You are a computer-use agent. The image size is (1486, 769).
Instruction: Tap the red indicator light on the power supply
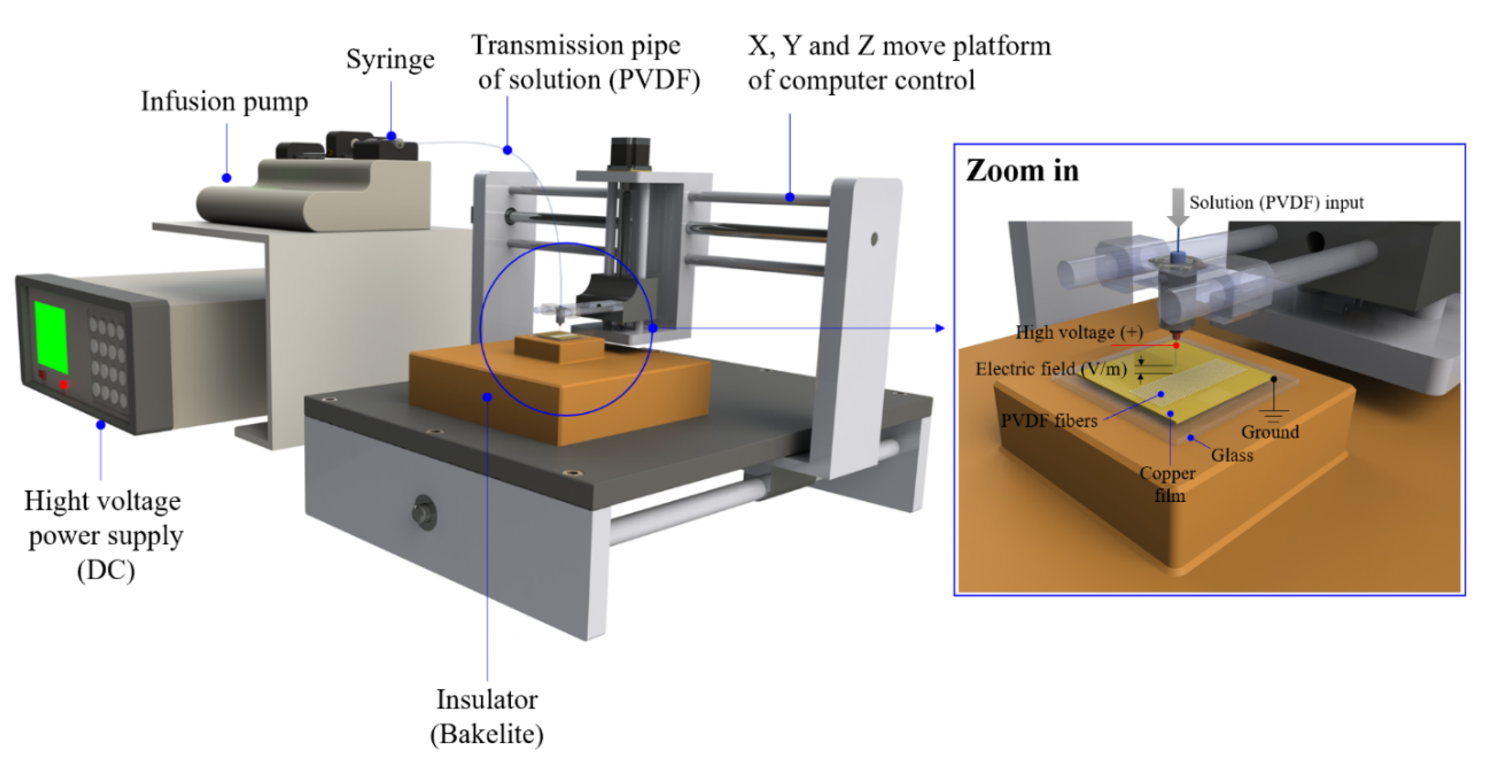click(63, 384)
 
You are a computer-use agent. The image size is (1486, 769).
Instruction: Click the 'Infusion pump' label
click(224, 102)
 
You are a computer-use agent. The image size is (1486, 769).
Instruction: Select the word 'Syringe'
click(390, 59)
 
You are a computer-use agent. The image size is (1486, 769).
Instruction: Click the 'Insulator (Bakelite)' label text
click(487, 717)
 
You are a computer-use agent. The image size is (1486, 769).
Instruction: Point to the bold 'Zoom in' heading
click(1022, 171)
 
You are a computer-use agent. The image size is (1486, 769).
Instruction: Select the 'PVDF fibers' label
click(1049, 420)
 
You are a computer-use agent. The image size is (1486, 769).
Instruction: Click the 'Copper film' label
click(1168, 484)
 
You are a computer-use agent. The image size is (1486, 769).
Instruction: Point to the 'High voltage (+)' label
click(1079, 332)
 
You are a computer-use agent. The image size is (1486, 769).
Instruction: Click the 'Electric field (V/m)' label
click(1051, 369)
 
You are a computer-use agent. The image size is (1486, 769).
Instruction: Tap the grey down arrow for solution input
click(1178, 207)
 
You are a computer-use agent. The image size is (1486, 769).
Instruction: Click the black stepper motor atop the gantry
click(630, 154)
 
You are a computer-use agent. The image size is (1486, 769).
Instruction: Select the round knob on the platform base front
click(425, 512)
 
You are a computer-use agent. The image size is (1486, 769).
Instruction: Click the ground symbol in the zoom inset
click(1274, 414)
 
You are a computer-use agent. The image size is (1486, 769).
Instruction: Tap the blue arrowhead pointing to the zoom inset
click(940, 328)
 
